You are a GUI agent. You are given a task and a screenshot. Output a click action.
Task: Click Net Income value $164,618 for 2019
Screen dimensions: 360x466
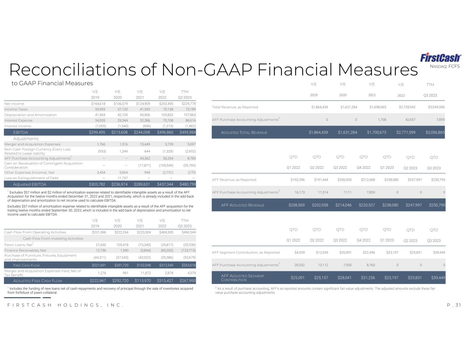pyautogui.click(x=98, y=104)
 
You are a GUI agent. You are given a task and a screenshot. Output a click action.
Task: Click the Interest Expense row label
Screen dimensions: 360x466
pyautogui.click(x=18, y=120)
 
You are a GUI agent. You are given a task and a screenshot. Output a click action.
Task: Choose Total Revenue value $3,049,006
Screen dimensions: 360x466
pyautogui.click(x=436, y=107)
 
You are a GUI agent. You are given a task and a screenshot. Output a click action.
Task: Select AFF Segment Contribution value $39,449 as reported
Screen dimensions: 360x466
pyautogui.click(x=437, y=253)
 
